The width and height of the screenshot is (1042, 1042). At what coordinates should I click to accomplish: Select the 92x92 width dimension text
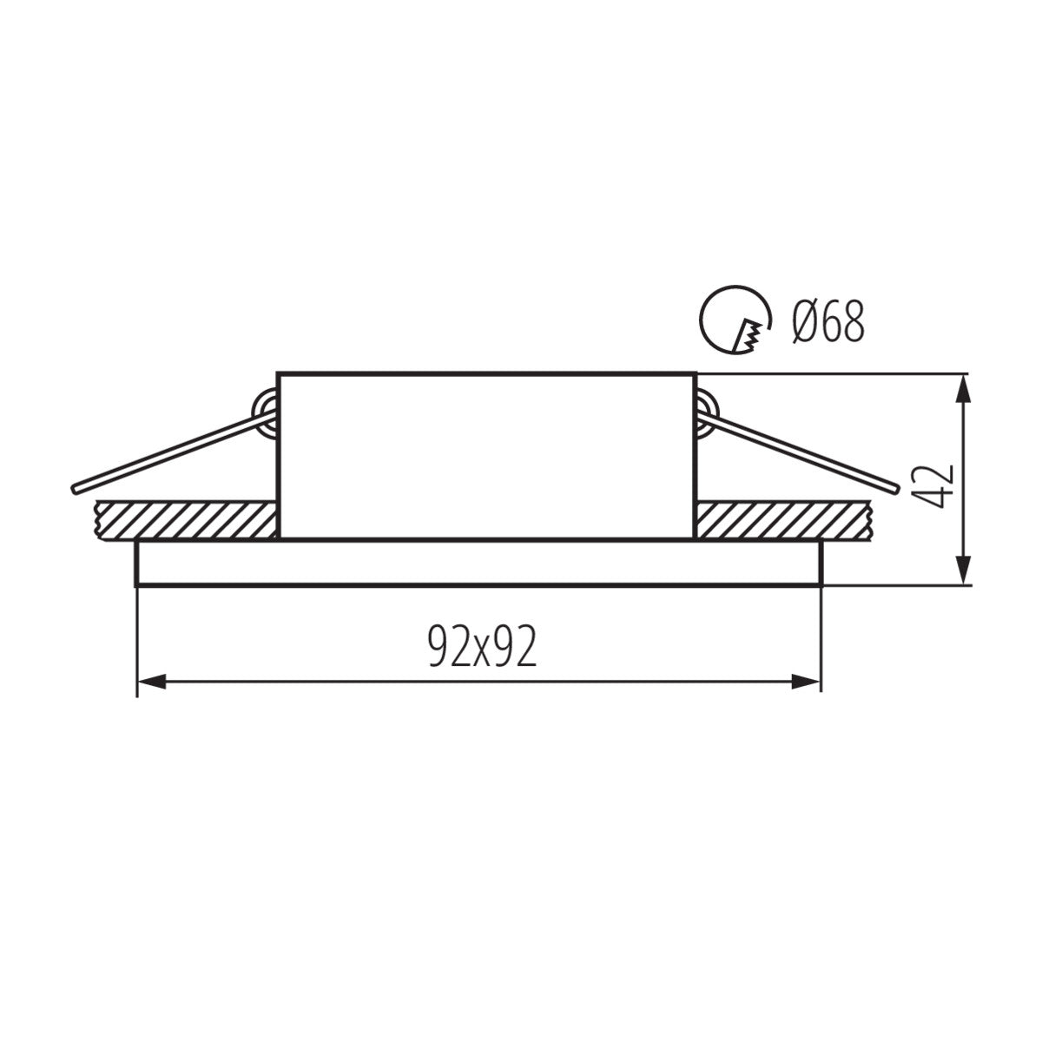click(x=482, y=647)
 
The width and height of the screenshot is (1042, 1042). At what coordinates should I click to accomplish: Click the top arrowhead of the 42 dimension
click(x=963, y=389)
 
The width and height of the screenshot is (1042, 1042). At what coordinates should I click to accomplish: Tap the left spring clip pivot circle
click(x=264, y=409)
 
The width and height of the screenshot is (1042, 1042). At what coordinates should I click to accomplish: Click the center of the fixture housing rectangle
click(x=486, y=456)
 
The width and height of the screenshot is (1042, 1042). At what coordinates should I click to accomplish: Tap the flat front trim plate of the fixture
click(x=478, y=564)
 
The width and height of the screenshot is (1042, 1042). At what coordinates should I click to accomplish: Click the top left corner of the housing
click(x=278, y=374)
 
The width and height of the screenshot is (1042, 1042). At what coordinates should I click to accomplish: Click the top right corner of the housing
click(x=695, y=374)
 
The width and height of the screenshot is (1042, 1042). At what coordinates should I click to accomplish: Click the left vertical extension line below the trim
click(x=137, y=643)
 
